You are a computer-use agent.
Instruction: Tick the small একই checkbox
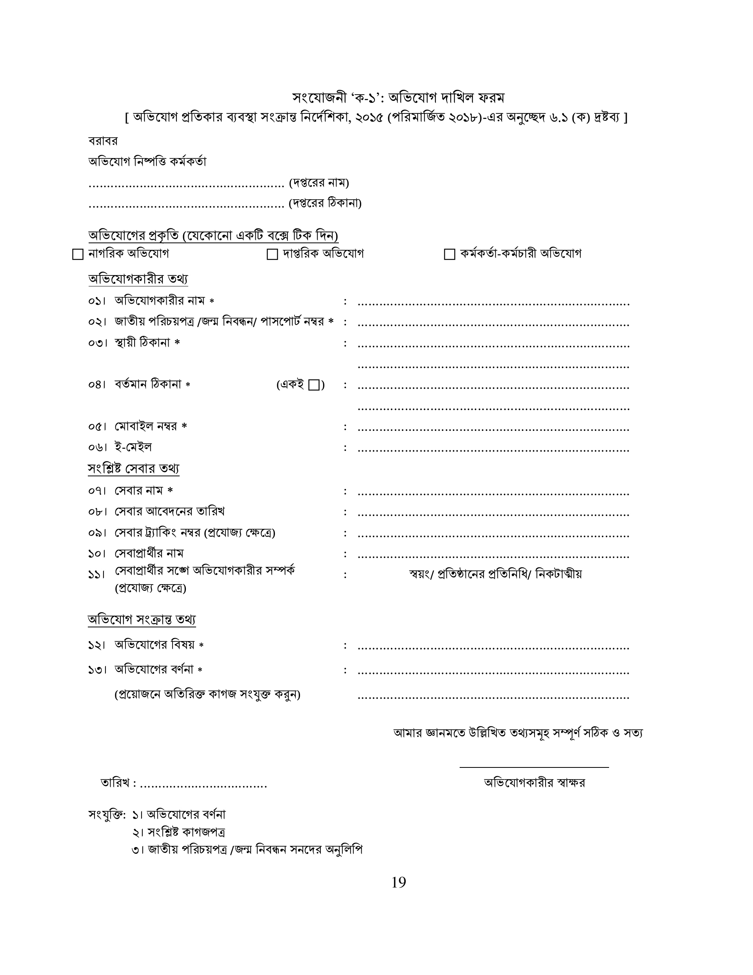pyautogui.click(x=314, y=385)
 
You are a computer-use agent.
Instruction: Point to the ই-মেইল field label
pyautogui.click(x=133, y=447)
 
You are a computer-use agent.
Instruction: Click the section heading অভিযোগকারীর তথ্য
pyautogui.click(x=138, y=279)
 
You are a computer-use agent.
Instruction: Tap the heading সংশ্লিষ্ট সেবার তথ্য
pyautogui.click(x=133, y=468)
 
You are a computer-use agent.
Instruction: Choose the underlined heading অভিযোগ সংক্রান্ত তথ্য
pyautogui.click(x=142, y=620)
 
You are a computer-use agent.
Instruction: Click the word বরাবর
pyautogui.click(x=103, y=141)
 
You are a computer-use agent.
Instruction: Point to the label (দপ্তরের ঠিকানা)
pyautogui.click(x=325, y=204)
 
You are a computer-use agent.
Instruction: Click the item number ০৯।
pyautogui.click(x=96, y=533)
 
